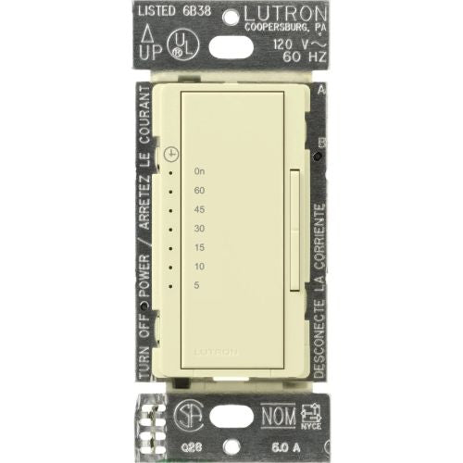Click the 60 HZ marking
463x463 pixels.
300,57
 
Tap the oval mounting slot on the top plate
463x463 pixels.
231,44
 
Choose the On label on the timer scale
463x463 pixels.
199,171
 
